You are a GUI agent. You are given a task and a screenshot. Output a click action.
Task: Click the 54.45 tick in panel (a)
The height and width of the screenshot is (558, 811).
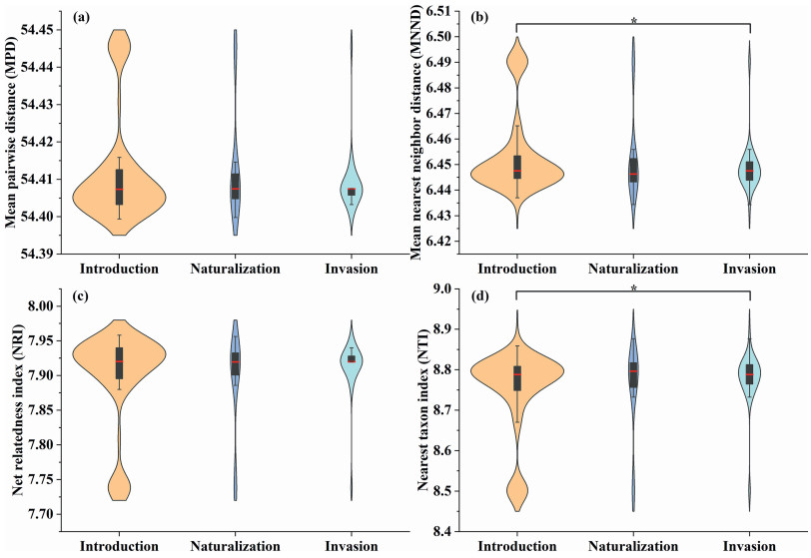coord(39,30)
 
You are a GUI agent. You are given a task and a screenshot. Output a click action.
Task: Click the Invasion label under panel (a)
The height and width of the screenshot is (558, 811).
coord(351,269)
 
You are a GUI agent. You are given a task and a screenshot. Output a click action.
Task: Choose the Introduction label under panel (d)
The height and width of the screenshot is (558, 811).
coord(517,546)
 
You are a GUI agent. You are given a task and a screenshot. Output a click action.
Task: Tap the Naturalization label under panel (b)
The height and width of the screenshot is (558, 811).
coord(633,269)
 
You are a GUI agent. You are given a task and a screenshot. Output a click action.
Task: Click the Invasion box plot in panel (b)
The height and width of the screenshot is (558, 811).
coord(749,170)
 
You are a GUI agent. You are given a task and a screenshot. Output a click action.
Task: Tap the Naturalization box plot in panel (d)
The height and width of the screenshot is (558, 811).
coord(633,374)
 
